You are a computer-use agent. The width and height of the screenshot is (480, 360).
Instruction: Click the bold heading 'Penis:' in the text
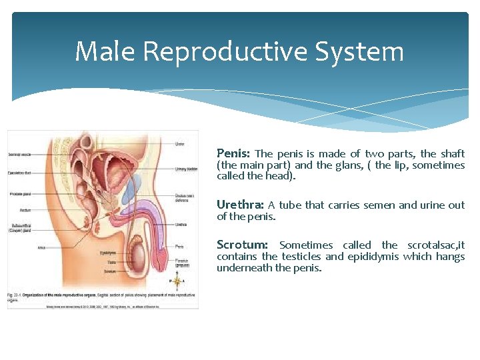[x=234, y=153]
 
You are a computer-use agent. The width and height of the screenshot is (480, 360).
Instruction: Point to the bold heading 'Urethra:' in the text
[x=240, y=205]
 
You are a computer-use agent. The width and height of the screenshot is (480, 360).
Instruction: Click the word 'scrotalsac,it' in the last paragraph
[x=436, y=245]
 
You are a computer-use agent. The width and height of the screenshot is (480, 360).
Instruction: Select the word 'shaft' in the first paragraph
[x=452, y=153]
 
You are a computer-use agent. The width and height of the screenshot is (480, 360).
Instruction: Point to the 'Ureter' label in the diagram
[x=179, y=143]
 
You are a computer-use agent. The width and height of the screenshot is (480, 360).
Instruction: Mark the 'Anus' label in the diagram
[x=42, y=248]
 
